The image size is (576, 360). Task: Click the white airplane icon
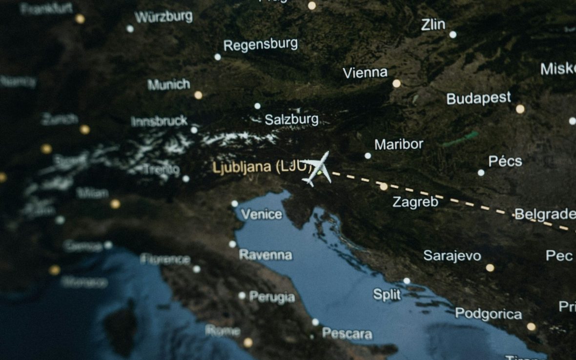coord(317,168)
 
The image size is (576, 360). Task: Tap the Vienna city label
coord(365,73)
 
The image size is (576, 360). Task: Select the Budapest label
coord(478,98)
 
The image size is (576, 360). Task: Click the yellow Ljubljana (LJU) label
coord(262,167)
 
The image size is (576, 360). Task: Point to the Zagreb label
coord(415,202)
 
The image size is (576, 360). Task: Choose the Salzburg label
coord(291,119)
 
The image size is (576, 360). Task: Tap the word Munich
coord(169,84)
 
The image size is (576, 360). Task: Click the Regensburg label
coord(261,45)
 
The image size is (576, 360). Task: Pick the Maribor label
coord(399,144)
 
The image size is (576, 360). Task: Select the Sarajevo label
coord(452,256)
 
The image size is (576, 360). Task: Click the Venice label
coord(262,214)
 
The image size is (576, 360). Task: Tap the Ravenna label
coord(266,255)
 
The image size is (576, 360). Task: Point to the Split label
coord(387,295)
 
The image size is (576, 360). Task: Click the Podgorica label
coord(489,314)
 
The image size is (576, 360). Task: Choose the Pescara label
coord(347,334)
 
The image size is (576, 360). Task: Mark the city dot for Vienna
coord(396,83)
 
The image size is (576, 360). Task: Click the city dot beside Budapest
coord(520,109)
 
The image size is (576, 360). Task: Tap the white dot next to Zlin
coord(453,34)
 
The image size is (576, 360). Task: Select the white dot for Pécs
coord(481,172)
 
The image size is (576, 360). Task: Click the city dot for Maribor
coord(368,156)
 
